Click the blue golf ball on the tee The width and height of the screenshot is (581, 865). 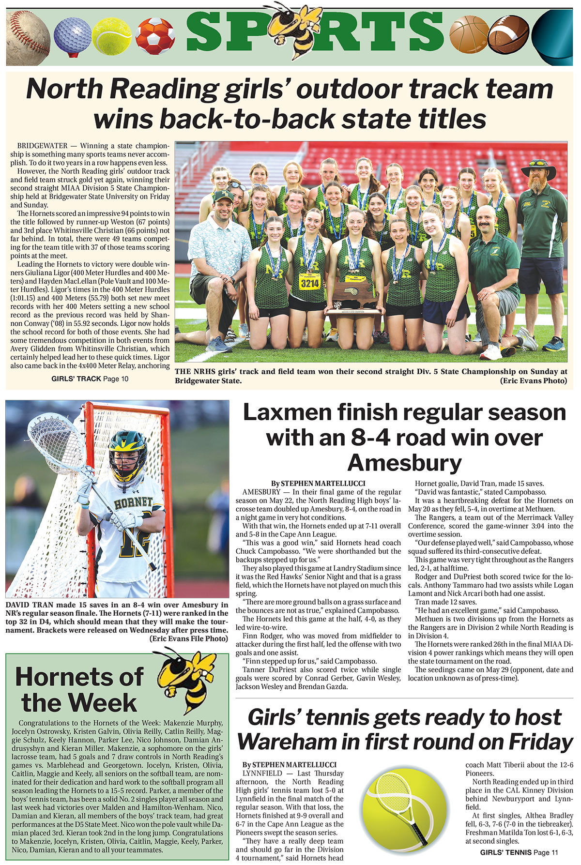click(x=72, y=36)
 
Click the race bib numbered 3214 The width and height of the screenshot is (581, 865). click(x=310, y=282)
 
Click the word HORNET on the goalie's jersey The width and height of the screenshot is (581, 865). click(x=133, y=504)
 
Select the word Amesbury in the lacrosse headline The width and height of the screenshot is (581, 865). click(x=404, y=462)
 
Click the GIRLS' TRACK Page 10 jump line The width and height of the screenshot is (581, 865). click(x=90, y=379)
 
